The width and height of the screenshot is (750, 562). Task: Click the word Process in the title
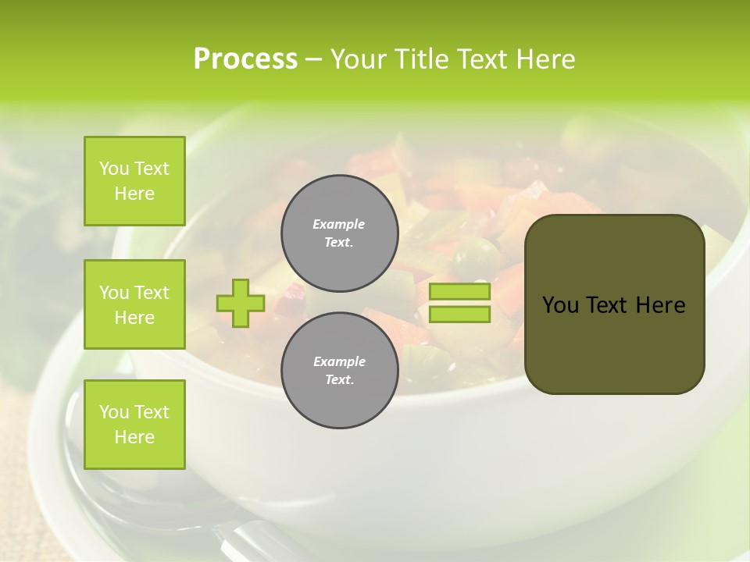point(245,59)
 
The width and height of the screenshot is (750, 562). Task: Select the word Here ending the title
point(544,59)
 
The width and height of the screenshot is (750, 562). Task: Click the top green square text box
point(134,181)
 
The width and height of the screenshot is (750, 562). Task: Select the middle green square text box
point(134,304)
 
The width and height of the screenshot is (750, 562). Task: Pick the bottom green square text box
point(134,424)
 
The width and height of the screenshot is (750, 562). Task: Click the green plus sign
point(241,303)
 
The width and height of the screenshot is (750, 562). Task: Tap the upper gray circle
point(339,233)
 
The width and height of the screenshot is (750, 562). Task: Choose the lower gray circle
point(339,370)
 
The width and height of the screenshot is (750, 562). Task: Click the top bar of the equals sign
point(459,291)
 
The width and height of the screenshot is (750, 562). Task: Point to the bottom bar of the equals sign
point(459,314)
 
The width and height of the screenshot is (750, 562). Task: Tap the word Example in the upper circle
point(339,224)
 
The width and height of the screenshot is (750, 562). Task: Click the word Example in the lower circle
point(339,361)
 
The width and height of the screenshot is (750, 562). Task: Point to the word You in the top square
point(114,169)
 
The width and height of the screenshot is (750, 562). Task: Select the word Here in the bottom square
point(134,437)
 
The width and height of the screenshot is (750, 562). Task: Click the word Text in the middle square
point(152,293)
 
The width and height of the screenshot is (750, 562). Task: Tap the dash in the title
point(314,59)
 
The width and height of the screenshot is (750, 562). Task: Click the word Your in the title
point(358,59)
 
